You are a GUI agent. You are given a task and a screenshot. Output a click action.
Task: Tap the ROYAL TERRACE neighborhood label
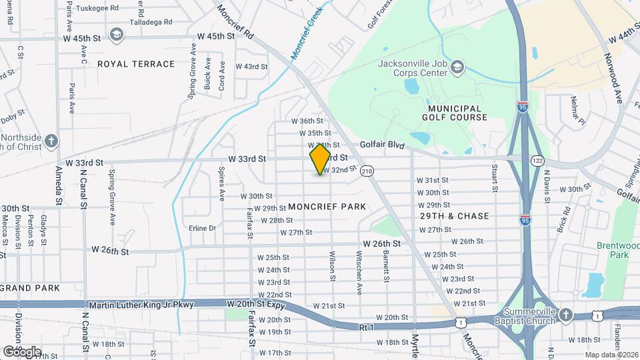136,64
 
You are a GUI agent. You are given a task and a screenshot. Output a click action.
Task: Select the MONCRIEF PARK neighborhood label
327,207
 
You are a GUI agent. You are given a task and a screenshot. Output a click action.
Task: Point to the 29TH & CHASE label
455,216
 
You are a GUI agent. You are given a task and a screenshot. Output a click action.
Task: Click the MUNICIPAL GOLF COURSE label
455,113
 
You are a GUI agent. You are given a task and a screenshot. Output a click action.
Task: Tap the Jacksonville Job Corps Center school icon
457,68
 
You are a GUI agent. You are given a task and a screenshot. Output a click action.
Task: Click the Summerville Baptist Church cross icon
565,315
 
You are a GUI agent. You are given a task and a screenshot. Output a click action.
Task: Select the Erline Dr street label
203,228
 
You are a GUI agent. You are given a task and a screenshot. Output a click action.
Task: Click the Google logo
22,351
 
